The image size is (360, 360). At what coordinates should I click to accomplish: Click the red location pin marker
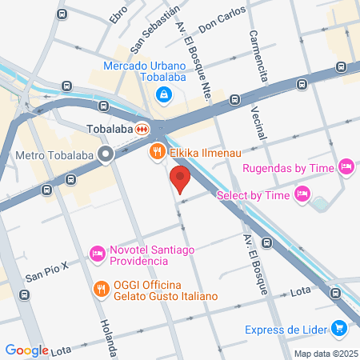pyautogui.click(x=180, y=180)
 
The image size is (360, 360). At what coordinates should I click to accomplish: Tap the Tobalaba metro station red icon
pyautogui.click(x=142, y=128)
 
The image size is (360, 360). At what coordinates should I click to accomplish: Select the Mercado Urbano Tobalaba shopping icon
pyautogui.click(x=164, y=95)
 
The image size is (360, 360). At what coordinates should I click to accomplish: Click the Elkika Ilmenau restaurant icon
pyautogui.click(x=158, y=150)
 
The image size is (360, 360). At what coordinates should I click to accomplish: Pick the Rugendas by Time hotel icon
pyautogui.click(x=346, y=166)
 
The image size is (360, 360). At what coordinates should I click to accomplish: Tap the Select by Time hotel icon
pyautogui.click(x=302, y=193)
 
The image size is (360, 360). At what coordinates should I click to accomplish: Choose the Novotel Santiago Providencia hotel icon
pyautogui.click(x=98, y=253)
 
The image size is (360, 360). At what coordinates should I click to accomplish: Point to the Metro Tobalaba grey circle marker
pyautogui.click(x=106, y=155)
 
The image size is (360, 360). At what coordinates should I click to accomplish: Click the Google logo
pyautogui.click(x=26, y=350)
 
